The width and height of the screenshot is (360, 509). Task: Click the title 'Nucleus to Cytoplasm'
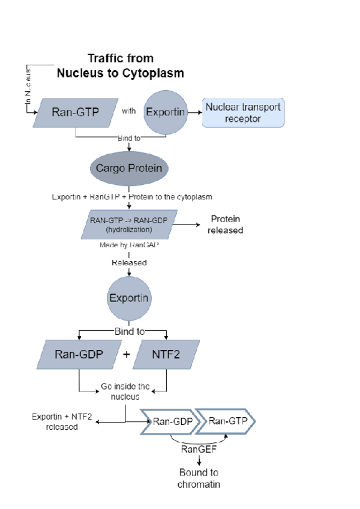click(x=120, y=73)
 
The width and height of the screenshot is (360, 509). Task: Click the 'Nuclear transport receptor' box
click(x=242, y=113)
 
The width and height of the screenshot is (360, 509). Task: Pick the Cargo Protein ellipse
click(x=128, y=168)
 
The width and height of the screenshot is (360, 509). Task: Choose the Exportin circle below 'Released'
click(x=128, y=298)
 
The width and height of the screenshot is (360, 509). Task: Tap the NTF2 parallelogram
click(x=165, y=354)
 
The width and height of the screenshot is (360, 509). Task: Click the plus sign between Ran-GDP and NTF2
click(x=127, y=354)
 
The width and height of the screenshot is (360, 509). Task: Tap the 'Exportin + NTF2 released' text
click(x=62, y=422)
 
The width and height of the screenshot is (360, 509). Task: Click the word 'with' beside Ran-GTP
click(x=128, y=111)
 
